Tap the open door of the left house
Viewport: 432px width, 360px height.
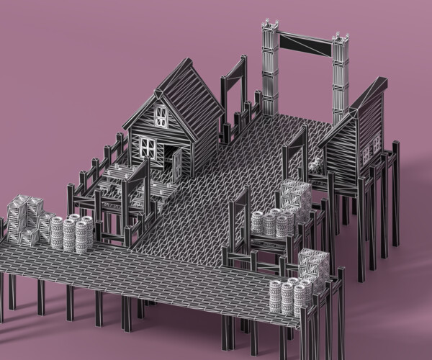click(x=177, y=163)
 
